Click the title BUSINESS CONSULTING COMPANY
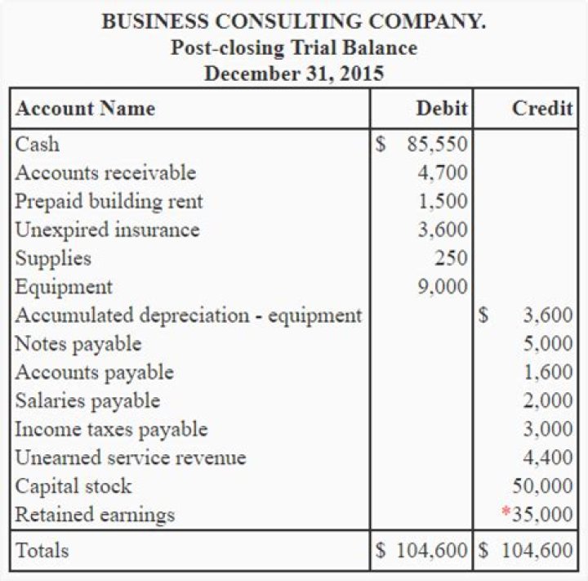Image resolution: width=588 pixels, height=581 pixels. pos(294,21)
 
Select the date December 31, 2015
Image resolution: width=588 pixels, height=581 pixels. pos(294,74)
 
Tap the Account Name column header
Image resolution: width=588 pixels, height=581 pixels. pos(86,109)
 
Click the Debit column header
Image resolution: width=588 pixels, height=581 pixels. pos(442,109)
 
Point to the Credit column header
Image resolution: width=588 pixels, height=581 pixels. pos(542,109)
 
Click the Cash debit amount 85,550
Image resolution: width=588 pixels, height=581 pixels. pos(437,145)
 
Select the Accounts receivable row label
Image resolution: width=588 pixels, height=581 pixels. pos(106,173)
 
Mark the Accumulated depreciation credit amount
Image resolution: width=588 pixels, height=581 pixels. pos(548,316)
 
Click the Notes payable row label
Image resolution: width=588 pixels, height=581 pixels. pos(78,344)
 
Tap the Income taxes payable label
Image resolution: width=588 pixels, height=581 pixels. pos(112,430)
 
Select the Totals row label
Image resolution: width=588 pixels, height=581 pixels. pos(42,551)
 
